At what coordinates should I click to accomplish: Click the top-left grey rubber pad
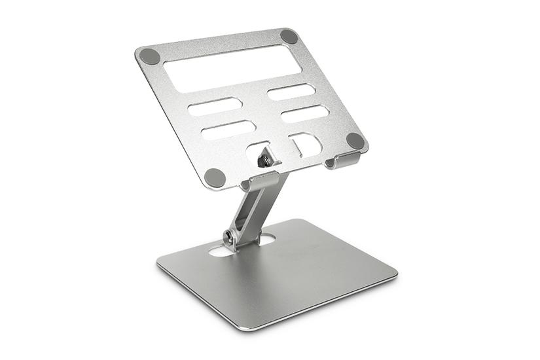point(150,56)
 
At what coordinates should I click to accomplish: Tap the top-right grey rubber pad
point(289,37)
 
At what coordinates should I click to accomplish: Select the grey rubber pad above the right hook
point(355,140)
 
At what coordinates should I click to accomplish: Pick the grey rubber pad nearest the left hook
point(215,177)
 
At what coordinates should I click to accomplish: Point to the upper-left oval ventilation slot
point(215,107)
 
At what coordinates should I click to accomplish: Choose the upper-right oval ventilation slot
point(291,92)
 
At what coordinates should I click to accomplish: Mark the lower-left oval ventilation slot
point(228,130)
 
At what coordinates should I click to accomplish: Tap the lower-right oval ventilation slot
point(304,113)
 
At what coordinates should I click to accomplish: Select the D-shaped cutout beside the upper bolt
point(304,144)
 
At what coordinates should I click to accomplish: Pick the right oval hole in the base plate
point(265,240)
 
